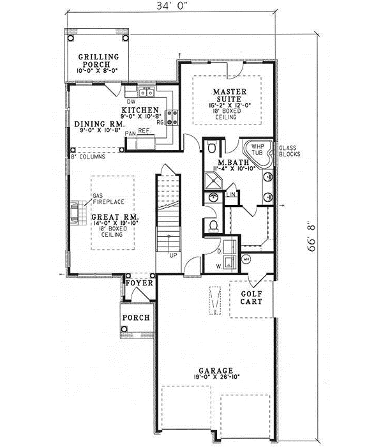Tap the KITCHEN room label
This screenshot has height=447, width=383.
141,110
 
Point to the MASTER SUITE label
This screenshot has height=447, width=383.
226,95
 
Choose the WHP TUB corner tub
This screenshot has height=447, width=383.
260,151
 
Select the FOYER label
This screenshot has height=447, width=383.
139,282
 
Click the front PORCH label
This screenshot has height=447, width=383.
137,317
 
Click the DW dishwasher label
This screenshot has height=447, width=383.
131,102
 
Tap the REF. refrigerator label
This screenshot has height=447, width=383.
145,132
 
